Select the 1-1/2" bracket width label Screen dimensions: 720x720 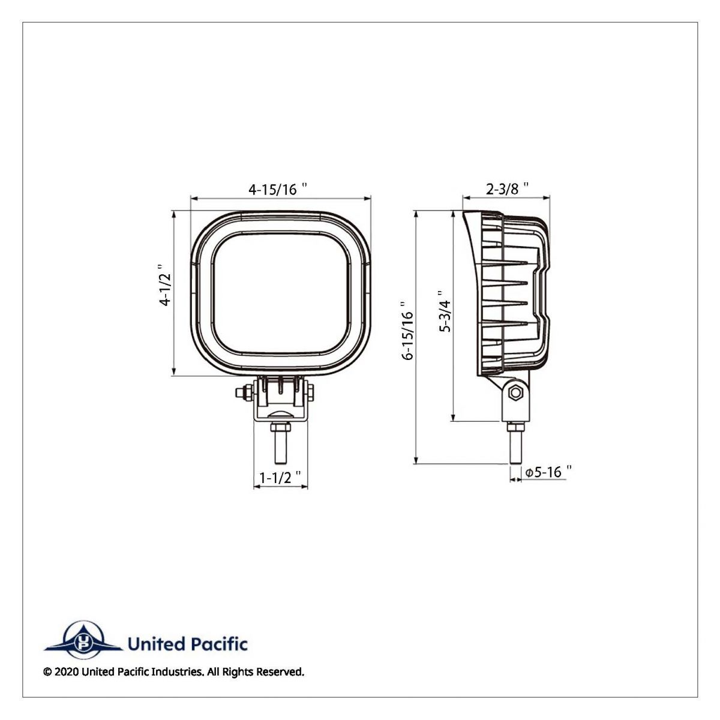pos(280,477)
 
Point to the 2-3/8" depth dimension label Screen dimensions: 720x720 pos(507,189)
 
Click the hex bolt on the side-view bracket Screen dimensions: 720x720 pos(514,394)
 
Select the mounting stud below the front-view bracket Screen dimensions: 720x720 pos(280,444)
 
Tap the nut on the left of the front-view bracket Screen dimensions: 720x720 pos(241,394)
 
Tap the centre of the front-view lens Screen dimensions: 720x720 pos(280,292)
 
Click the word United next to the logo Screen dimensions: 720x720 pos(154,644)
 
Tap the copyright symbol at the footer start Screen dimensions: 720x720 pos(47,672)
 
